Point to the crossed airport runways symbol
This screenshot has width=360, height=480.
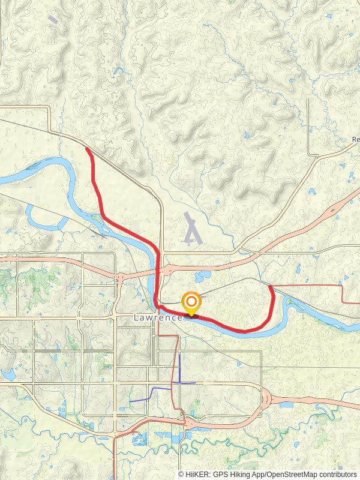(192, 229)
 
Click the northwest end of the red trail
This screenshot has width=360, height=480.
(88, 149)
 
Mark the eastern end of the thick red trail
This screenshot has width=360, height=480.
(271, 287)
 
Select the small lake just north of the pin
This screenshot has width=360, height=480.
(202, 277)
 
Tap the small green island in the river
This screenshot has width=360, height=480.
(96, 217)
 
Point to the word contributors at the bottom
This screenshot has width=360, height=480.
(335, 474)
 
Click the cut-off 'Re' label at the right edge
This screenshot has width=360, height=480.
(355, 140)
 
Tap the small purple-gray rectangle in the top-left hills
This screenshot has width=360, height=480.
(53, 19)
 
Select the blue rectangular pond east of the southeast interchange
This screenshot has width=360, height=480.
(286, 405)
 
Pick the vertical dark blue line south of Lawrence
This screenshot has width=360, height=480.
(179, 366)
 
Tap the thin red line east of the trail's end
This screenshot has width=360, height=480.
(312, 286)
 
